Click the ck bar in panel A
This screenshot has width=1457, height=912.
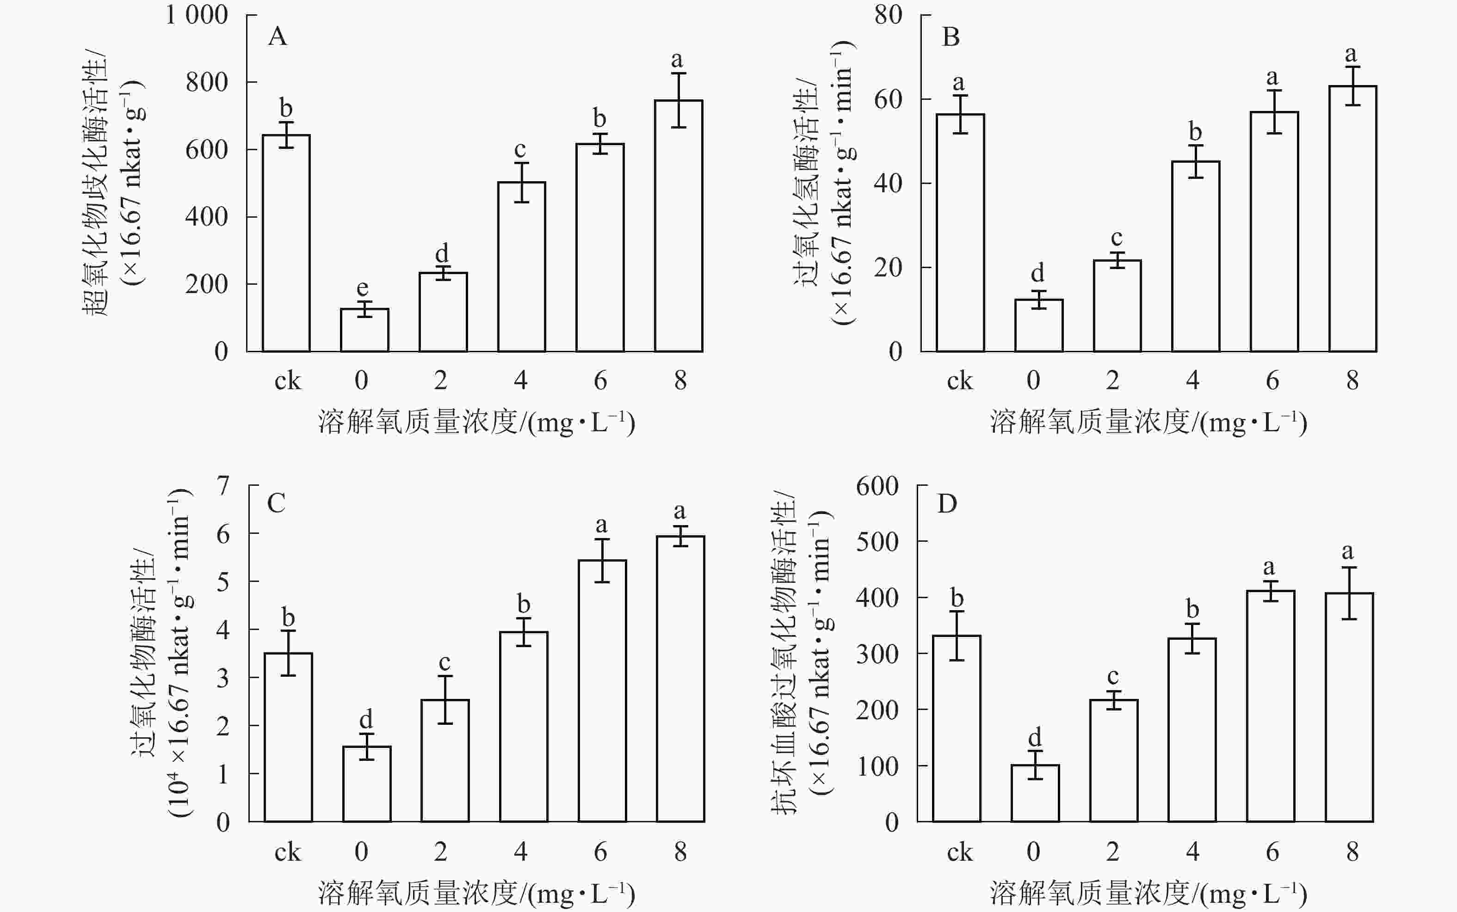click(x=286, y=243)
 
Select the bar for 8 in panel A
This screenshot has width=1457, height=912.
click(x=679, y=226)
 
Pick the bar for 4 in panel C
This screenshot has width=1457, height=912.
click(x=523, y=727)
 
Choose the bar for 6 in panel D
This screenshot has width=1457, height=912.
click(x=1271, y=706)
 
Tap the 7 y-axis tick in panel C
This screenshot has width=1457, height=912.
click(x=223, y=485)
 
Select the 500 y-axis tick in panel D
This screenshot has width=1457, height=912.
click(x=877, y=542)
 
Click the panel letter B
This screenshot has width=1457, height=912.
click(x=951, y=37)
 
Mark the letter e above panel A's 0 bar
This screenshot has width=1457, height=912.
click(x=362, y=287)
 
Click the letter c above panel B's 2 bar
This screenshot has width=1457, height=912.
click(x=1117, y=237)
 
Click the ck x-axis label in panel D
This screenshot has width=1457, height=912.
click(x=960, y=852)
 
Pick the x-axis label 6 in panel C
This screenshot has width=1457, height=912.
click(x=600, y=852)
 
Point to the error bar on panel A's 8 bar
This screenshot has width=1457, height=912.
click(x=679, y=100)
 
